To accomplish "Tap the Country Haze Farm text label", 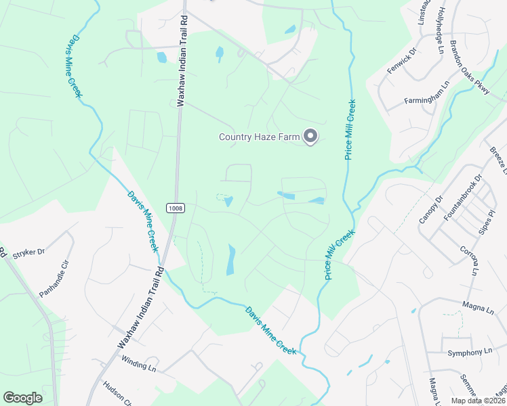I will pyautogui.click(x=259, y=137).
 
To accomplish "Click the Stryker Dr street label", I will pyautogui.click(x=28, y=253).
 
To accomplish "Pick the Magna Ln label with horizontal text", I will pyautogui.click(x=479, y=309).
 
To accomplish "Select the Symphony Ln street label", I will pyautogui.click(x=470, y=352).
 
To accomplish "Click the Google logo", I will pyautogui.click(x=23, y=397).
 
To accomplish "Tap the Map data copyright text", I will pyautogui.click(x=479, y=401).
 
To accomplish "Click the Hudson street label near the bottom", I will pyautogui.click(x=113, y=392).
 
